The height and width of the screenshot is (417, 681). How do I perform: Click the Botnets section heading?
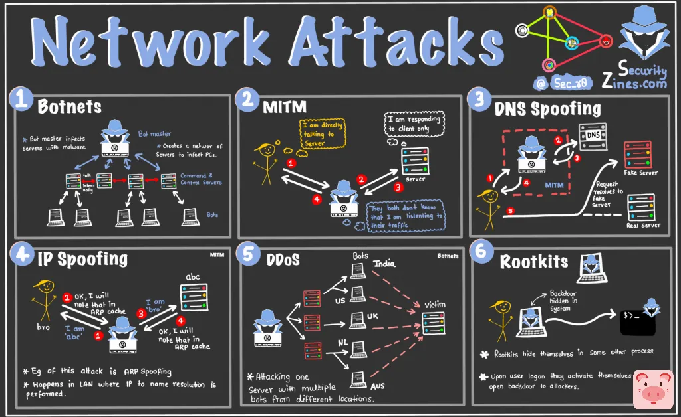pos(70,106)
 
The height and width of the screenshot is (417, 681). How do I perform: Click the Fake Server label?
pos(640,173)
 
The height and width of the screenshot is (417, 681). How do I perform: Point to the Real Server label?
pos(643,225)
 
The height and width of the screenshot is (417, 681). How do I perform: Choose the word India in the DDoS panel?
pos(384,264)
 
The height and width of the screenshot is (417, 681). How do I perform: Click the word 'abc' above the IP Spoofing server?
pos(193,276)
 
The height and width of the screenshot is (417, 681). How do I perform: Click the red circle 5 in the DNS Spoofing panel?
pos(510,212)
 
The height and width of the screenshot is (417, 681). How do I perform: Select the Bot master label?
pos(155,134)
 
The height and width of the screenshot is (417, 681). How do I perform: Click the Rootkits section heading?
pos(534,261)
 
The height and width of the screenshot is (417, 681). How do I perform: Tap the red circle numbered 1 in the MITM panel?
pos(290,163)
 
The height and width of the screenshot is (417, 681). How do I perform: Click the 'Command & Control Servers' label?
pos(202,179)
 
